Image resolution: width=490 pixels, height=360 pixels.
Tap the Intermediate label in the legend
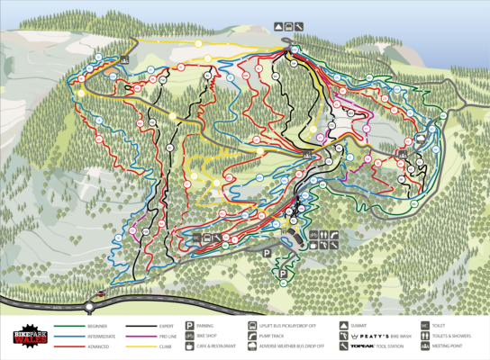(101, 336)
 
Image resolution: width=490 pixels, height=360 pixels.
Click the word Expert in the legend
(166, 325)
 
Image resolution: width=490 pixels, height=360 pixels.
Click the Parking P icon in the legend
(189, 325)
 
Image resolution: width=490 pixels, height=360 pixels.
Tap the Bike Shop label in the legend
(210, 336)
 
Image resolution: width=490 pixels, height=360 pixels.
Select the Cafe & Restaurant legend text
(216, 346)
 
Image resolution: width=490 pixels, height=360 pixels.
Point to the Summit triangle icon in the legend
(343, 325)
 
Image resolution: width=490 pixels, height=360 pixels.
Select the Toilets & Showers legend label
(451, 336)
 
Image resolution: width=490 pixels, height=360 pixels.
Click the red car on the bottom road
(101, 295)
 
